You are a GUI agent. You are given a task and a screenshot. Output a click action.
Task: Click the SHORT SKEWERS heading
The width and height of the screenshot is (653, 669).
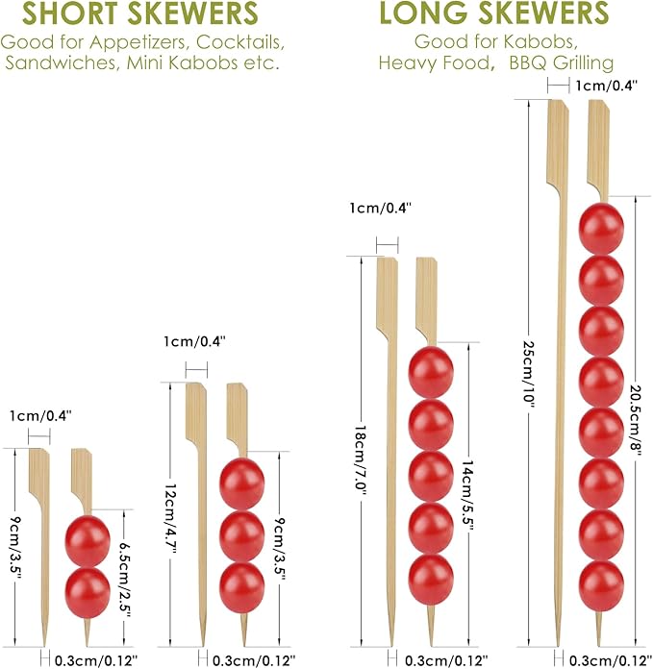[140, 12]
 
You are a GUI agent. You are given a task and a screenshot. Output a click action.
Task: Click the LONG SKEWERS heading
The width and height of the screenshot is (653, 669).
[493, 12]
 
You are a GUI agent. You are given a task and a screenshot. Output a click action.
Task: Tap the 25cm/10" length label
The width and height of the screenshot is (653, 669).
[529, 374]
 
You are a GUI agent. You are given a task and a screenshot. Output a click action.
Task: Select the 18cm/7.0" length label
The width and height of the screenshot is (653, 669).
[361, 460]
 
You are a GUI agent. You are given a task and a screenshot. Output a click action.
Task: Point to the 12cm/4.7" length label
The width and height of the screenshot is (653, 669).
[170, 520]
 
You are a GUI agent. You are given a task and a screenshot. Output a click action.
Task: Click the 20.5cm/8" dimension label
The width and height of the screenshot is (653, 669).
[636, 420]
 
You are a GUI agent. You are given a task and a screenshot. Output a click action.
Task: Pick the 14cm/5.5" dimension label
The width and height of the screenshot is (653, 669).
[467, 496]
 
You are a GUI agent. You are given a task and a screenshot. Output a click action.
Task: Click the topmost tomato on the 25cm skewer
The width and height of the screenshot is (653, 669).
[601, 229]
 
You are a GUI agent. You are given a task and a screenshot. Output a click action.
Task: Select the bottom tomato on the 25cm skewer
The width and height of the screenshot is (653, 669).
[601, 585]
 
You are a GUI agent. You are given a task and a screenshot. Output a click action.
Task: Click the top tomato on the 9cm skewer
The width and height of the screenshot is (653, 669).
[88, 541]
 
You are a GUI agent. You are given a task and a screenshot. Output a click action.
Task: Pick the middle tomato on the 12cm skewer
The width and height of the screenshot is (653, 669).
[242, 536]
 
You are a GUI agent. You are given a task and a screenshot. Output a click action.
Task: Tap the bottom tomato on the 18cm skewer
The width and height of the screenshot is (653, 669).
[431, 580]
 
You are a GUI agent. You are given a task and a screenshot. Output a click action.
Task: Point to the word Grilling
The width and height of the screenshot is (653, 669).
[583, 62]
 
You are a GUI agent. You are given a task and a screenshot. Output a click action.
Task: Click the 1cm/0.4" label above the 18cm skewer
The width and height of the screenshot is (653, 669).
[380, 209]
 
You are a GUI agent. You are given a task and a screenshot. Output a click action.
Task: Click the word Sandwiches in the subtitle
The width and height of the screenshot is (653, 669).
[61, 62]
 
